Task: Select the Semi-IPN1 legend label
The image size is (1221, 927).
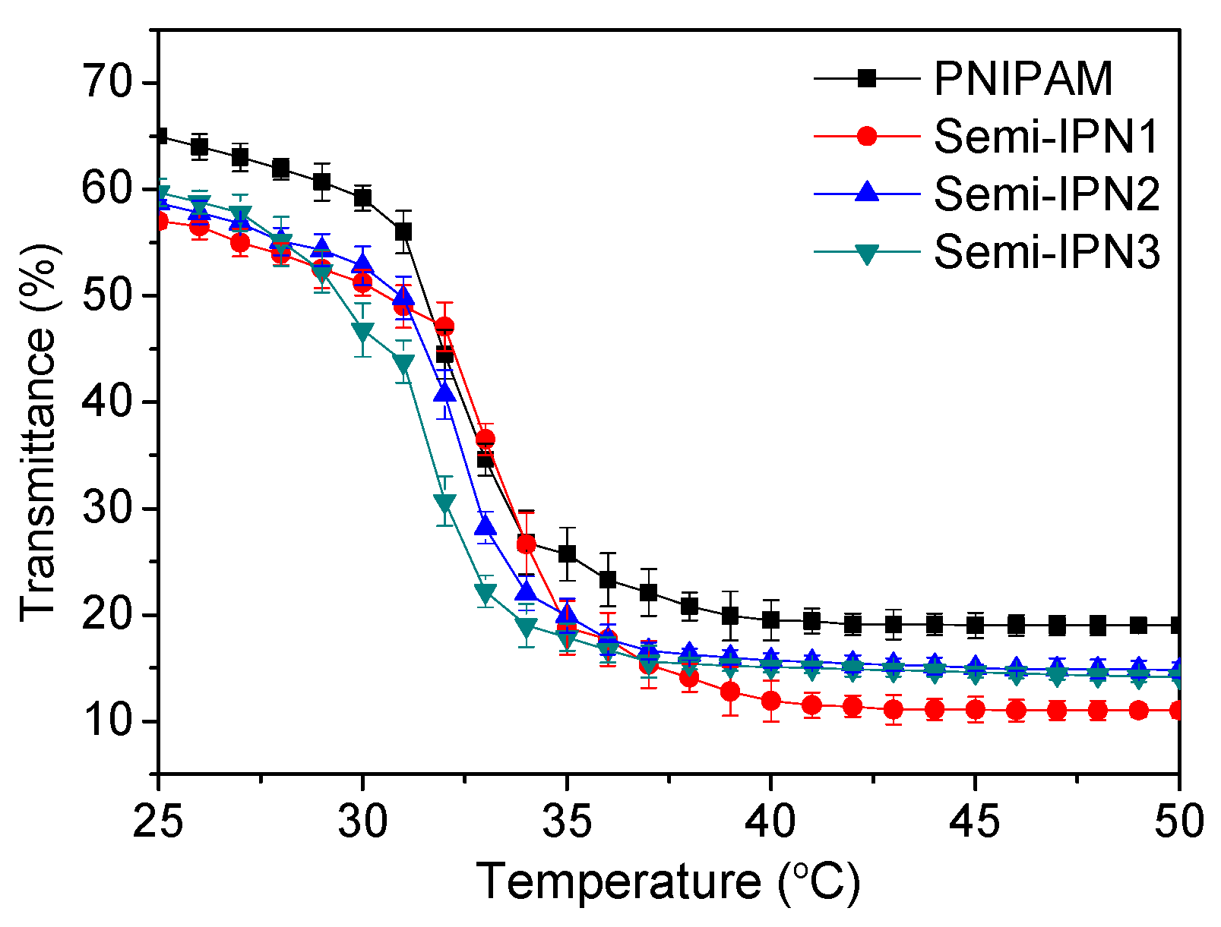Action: pos(1045,137)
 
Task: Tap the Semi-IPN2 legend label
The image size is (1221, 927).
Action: pos(1045,194)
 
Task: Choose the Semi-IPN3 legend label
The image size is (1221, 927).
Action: pos(1045,251)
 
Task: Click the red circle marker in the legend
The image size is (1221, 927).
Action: pos(866,137)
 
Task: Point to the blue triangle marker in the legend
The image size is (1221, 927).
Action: pos(866,194)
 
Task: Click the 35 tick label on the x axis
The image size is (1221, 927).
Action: pos(567,821)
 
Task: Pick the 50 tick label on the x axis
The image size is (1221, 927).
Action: pos(1178,821)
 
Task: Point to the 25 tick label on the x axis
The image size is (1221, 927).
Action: pos(158,821)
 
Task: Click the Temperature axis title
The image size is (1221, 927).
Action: pos(669,882)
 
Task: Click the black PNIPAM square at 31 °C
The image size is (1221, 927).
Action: pos(403,231)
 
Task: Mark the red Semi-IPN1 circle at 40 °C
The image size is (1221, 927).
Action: pos(771,700)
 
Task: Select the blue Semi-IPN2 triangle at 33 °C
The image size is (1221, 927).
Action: pos(486,525)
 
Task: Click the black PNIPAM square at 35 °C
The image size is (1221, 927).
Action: pos(567,553)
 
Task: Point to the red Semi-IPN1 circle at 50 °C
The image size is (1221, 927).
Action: pos(1178,711)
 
